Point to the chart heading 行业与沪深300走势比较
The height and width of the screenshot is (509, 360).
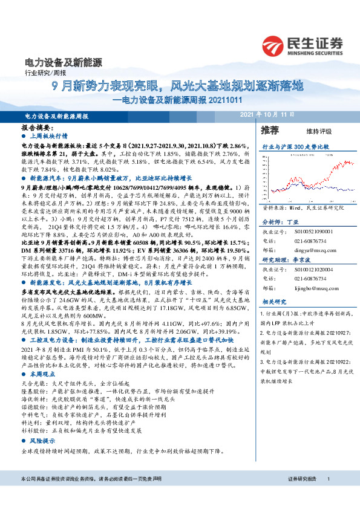[x=295, y=147]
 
